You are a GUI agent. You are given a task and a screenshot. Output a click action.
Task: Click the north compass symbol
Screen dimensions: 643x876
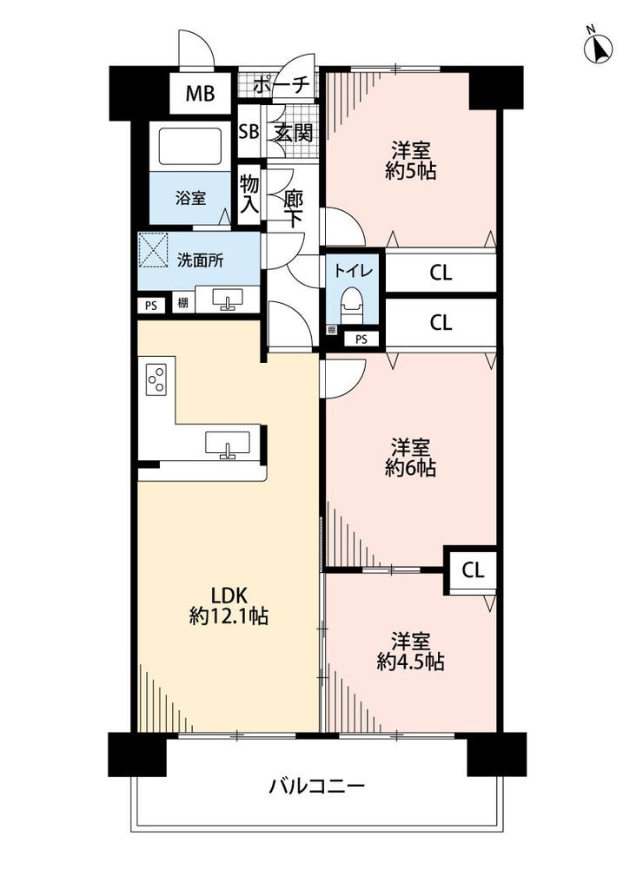[598, 48]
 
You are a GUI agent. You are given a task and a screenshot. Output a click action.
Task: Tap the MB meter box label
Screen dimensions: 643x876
[200, 93]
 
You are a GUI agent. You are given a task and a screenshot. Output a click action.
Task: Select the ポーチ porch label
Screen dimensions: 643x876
[282, 85]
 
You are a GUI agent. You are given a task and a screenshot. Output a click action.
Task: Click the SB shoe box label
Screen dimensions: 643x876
[249, 132]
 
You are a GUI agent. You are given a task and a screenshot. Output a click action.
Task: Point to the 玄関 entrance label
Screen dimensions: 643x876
[293, 133]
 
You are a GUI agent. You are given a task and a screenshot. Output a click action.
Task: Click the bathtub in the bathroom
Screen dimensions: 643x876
[190, 147]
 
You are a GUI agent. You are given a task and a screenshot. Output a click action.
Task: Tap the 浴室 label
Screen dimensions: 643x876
[190, 198]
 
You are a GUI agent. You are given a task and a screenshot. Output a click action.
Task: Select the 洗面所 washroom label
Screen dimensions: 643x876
[200, 260]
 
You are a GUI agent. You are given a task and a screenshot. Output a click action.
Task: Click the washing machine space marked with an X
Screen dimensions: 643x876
[153, 248]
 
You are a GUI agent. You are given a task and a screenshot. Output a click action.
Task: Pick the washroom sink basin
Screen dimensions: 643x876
[227, 299]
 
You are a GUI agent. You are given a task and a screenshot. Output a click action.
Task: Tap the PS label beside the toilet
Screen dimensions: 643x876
[361, 339]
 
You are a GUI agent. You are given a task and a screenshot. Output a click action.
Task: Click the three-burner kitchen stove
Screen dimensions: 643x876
[156, 379]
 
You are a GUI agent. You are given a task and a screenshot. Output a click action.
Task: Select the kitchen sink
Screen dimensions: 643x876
[227, 445]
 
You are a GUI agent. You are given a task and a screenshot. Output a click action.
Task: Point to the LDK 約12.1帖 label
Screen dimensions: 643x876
[229, 606]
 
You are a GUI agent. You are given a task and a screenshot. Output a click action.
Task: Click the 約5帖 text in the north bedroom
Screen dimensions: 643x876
[411, 171]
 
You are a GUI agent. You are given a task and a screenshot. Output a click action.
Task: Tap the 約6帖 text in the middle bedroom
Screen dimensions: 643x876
[411, 468]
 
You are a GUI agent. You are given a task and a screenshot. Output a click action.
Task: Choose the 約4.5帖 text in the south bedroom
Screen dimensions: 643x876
[411, 662]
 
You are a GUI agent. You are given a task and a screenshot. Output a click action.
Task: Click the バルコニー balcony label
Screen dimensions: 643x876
[317, 787]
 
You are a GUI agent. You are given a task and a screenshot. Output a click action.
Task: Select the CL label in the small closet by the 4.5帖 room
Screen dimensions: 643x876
[473, 570]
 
